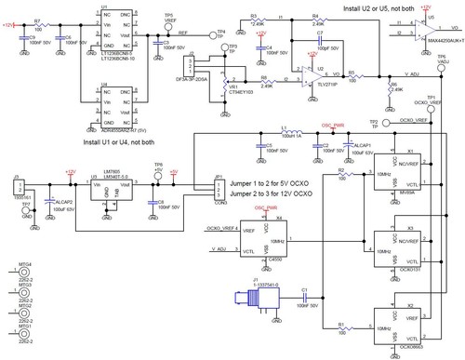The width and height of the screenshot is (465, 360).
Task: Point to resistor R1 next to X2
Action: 342,330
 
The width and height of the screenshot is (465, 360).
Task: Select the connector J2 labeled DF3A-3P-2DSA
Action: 192,69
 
